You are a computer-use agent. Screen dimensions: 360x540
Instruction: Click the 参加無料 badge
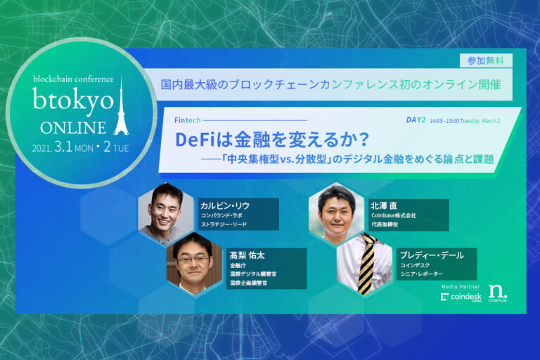485,60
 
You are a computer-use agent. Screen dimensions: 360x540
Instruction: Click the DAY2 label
416,120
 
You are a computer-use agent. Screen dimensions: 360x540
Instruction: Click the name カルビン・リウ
225,205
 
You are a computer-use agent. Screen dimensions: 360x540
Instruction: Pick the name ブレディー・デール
431,255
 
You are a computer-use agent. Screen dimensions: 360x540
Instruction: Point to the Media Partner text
460,288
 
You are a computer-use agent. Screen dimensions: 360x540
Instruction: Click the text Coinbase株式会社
393,216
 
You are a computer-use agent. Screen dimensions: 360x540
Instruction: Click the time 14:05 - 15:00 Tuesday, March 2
465,120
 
